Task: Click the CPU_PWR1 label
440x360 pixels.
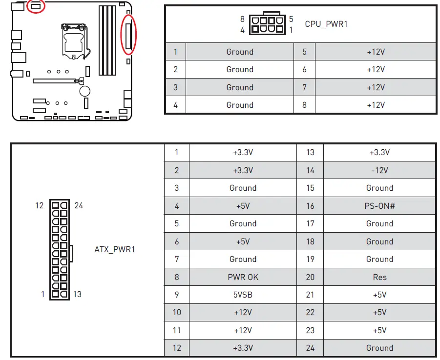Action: (326, 24)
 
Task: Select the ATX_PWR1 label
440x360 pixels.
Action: (114, 249)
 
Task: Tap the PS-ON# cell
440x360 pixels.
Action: (379, 206)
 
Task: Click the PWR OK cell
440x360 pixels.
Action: (243, 277)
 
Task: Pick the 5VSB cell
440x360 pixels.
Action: (243, 295)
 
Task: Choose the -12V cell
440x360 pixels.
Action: (379, 170)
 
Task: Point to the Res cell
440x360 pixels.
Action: (379, 277)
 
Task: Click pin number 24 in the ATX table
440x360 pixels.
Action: (310, 348)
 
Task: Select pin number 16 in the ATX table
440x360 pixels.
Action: (310, 206)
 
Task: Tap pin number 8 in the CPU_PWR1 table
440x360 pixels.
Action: (304, 105)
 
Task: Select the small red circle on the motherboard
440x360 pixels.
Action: (36, 6)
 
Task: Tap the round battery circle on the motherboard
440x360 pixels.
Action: (85, 91)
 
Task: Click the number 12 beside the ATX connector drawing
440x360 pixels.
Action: (40, 205)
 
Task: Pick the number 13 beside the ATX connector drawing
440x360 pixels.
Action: (77, 294)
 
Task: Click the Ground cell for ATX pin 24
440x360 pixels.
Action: (379, 348)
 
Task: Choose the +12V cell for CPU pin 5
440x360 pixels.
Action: (376, 52)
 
